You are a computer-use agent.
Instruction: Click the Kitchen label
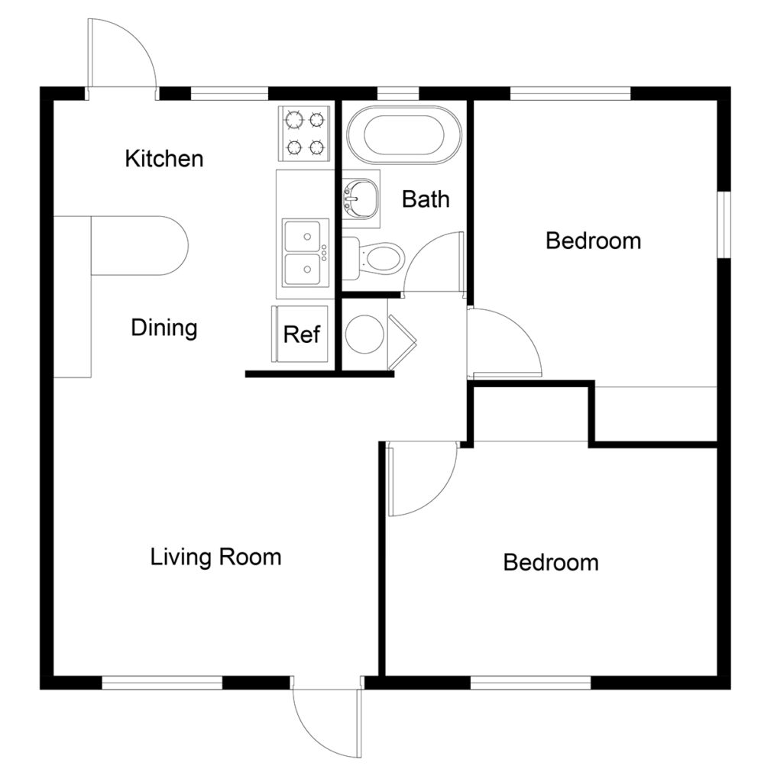pos(164,159)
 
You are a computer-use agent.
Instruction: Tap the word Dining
pos(164,328)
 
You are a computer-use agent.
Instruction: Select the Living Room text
pos(215,557)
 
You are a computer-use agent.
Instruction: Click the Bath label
pos(426,199)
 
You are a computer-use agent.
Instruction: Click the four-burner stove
pos(304,133)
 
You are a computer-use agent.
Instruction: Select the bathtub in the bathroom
pos(404,135)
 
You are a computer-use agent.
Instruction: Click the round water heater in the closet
pos(364,333)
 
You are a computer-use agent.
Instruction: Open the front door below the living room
pos(325,718)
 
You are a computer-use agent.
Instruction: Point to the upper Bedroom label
pos(593,241)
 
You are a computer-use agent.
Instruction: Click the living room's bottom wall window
pos(162,682)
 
